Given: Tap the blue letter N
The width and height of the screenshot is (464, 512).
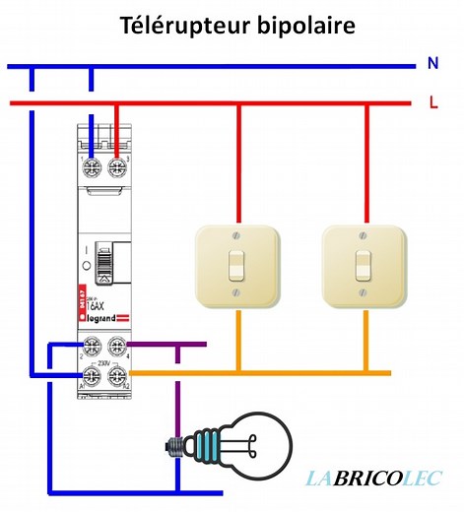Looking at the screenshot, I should pos(432,64).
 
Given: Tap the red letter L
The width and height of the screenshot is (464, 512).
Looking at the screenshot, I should pos(433,101).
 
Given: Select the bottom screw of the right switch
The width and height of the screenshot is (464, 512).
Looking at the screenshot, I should pos(363,294).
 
